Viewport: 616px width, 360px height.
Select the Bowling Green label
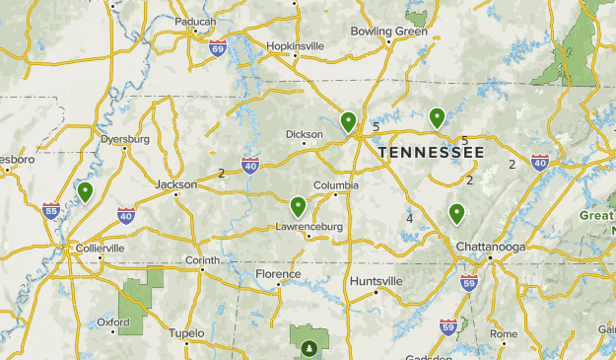[389, 32]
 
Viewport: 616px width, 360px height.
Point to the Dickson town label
[304, 134]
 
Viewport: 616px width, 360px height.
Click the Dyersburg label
[125, 139]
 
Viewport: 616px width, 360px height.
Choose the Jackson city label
[176, 184]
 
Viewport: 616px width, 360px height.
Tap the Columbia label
[336, 185]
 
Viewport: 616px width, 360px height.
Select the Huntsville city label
[376, 281]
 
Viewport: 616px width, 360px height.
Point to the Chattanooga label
[490, 246]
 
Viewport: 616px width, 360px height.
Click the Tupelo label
[185, 333]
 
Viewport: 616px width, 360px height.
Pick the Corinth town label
[202, 260]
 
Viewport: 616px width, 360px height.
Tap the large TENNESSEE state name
[432, 153]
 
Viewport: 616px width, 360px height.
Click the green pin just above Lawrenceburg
[298, 206]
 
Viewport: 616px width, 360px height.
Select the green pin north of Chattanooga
[456, 212]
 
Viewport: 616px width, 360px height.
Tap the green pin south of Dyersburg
[86, 191]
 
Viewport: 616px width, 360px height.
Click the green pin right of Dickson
[348, 121]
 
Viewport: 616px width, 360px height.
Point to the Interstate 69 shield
[218, 47]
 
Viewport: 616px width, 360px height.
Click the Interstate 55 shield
[51, 210]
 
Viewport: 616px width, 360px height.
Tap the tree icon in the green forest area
[309, 347]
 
